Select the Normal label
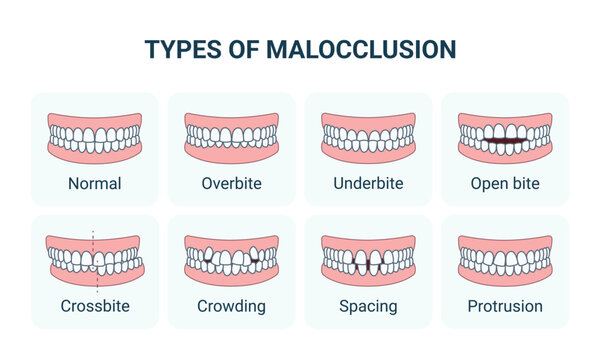[x=95, y=183]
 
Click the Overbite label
[x=231, y=183]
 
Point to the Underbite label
[x=368, y=183]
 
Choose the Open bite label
[x=505, y=183]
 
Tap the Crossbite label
[x=95, y=306]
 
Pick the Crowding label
[x=231, y=306]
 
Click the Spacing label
[x=368, y=306]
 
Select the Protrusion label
[x=505, y=306]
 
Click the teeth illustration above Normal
[x=95, y=137]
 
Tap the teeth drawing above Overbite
[x=231, y=137]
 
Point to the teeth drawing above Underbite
[x=368, y=137]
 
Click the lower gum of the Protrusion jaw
[x=505, y=279]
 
